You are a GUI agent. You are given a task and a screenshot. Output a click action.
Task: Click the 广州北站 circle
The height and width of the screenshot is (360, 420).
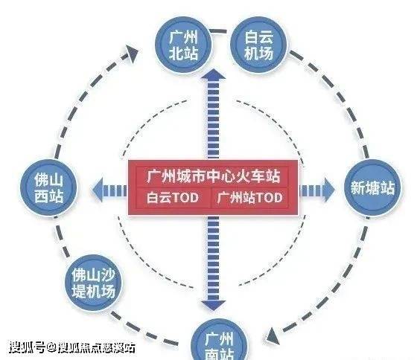click(x=183, y=45)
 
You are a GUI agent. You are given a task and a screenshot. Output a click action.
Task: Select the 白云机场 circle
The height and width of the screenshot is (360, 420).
click(x=258, y=45)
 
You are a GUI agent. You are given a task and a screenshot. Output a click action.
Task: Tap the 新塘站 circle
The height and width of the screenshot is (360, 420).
click(x=372, y=187)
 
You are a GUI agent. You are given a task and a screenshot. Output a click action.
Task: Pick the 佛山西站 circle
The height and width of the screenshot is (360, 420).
click(x=48, y=187)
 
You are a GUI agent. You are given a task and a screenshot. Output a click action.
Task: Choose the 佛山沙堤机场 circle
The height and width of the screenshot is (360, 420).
click(x=93, y=283)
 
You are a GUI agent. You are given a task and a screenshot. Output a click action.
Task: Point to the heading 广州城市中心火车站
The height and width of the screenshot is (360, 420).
click(x=214, y=176)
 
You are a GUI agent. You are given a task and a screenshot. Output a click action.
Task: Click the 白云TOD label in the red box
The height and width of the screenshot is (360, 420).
click(x=173, y=198)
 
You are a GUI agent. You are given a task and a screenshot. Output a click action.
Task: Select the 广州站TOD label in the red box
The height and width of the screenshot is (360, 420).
click(x=250, y=198)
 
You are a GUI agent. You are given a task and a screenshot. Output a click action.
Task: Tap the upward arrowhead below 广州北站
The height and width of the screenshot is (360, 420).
click(x=214, y=74)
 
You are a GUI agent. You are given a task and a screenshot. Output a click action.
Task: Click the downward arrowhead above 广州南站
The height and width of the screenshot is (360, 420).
click(x=214, y=305)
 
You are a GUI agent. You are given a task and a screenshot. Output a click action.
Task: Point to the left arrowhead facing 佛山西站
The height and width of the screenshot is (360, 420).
click(x=98, y=190)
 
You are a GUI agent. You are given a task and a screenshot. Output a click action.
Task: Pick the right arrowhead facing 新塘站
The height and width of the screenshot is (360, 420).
click(x=329, y=190)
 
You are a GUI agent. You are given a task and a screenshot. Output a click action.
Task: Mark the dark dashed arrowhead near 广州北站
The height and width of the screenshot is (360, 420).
click(x=131, y=54)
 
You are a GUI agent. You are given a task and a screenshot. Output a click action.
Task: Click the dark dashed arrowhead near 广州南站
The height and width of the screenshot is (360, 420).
click(x=273, y=336)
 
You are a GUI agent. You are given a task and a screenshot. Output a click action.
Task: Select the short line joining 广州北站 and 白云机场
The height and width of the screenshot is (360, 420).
click(x=218, y=31)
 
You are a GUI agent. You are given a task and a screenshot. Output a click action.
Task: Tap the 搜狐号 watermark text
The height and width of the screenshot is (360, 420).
click(x=27, y=347)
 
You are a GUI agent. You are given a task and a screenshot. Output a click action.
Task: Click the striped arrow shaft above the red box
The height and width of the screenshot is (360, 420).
click(x=214, y=120)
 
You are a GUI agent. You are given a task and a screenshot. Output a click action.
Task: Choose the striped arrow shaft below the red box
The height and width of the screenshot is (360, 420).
click(x=214, y=258)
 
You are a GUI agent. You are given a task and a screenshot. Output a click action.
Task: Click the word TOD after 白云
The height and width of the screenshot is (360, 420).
click(x=185, y=198)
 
